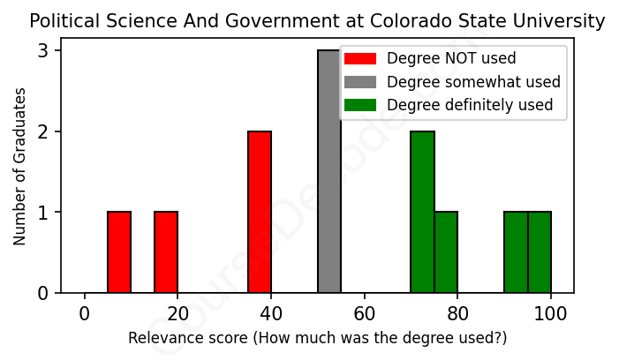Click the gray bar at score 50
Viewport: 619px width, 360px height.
tap(329, 171)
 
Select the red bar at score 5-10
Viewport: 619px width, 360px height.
tap(119, 252)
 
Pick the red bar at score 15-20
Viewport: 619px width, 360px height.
tap(166, 252)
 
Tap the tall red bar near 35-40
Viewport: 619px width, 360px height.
tap(260, 212)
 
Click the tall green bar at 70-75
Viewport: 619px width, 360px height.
tap(422, 212)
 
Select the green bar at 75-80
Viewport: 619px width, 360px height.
tap(446, 252)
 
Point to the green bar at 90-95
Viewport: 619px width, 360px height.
tap(516, 252)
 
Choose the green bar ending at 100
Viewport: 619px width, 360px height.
tap(540, 252)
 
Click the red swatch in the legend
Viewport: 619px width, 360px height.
tap(360, 59)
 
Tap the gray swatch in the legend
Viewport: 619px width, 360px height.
tap(360, 82)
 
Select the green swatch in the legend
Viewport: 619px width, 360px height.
tap(360, 105)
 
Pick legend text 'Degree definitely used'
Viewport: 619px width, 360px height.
tap(470, 105)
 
